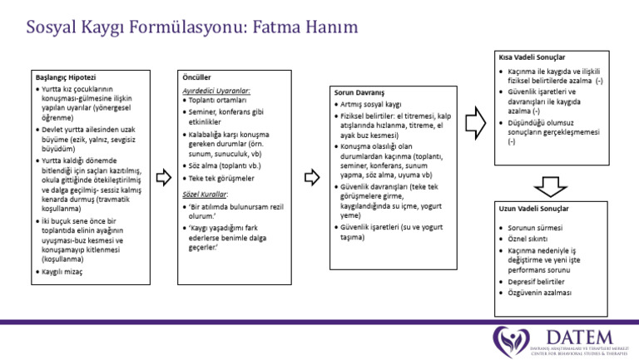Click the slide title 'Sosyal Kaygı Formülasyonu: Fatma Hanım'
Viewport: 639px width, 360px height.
click(x=192, y=27)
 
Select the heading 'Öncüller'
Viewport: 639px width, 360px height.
click(x=196, y=76)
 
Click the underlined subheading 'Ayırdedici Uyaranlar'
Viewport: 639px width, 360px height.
click(x=215, y=90)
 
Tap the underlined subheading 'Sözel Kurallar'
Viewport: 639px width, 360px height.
click(x=205, y=193)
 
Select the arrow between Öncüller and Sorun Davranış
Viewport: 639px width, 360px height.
click(x=311, y=176)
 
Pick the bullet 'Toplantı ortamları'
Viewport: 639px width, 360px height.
click(x=219, y=100)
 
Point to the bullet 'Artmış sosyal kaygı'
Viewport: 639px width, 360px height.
click(x=370, y=106)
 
